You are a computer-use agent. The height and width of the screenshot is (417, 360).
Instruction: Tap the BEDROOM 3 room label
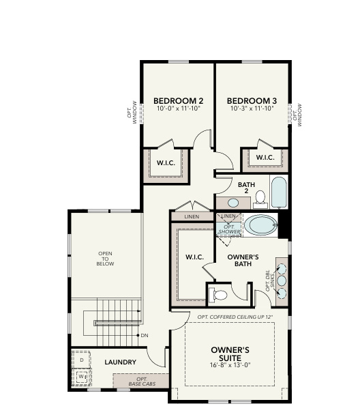(x=250, y=98)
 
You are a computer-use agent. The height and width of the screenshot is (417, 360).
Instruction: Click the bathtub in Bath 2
(x=279, y=193)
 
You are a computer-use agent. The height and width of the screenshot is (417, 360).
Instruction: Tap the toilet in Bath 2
(x=260, y=199)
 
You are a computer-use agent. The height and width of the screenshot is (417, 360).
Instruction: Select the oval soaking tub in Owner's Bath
(x=260, y=225)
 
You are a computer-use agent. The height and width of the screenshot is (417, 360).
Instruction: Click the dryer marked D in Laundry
(x=81, y=359)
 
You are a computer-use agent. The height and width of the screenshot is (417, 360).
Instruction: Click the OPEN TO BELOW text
(x=105, y=260)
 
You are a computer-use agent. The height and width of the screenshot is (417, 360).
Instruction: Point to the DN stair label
(x=145, y=336)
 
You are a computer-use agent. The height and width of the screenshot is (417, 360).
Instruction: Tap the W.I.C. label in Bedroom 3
(x=265, y=158)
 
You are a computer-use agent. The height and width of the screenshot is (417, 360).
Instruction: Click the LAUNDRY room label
(x=120, y=362)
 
